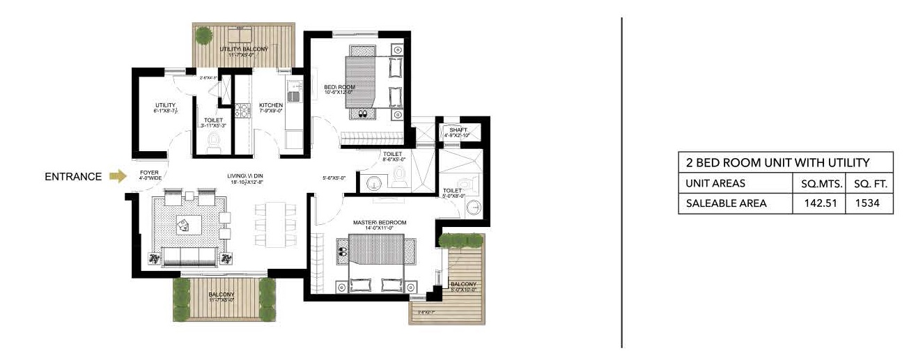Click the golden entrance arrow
click(118, 177)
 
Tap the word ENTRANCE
click(73, 177)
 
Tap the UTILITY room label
click(164, 105)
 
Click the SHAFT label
click(458, 129)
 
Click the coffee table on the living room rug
click(186, 224)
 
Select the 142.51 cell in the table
click(819, 203)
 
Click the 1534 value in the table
click(869, 203)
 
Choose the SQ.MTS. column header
click(819, 184)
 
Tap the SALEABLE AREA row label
click(727, 203)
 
